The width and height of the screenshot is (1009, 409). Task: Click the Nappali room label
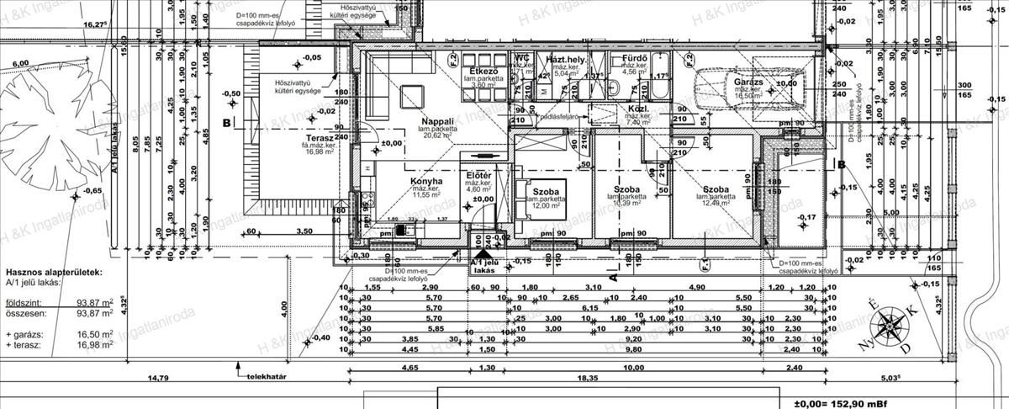click(437, 121)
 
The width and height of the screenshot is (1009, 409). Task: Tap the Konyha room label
click(426, 181)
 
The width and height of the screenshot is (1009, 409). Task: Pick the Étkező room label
click(486, 71)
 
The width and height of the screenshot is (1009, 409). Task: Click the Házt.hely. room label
click(565, 60)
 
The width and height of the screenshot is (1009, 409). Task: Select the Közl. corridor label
click(637, 109)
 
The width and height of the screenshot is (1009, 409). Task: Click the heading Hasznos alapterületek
click(55, 273)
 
